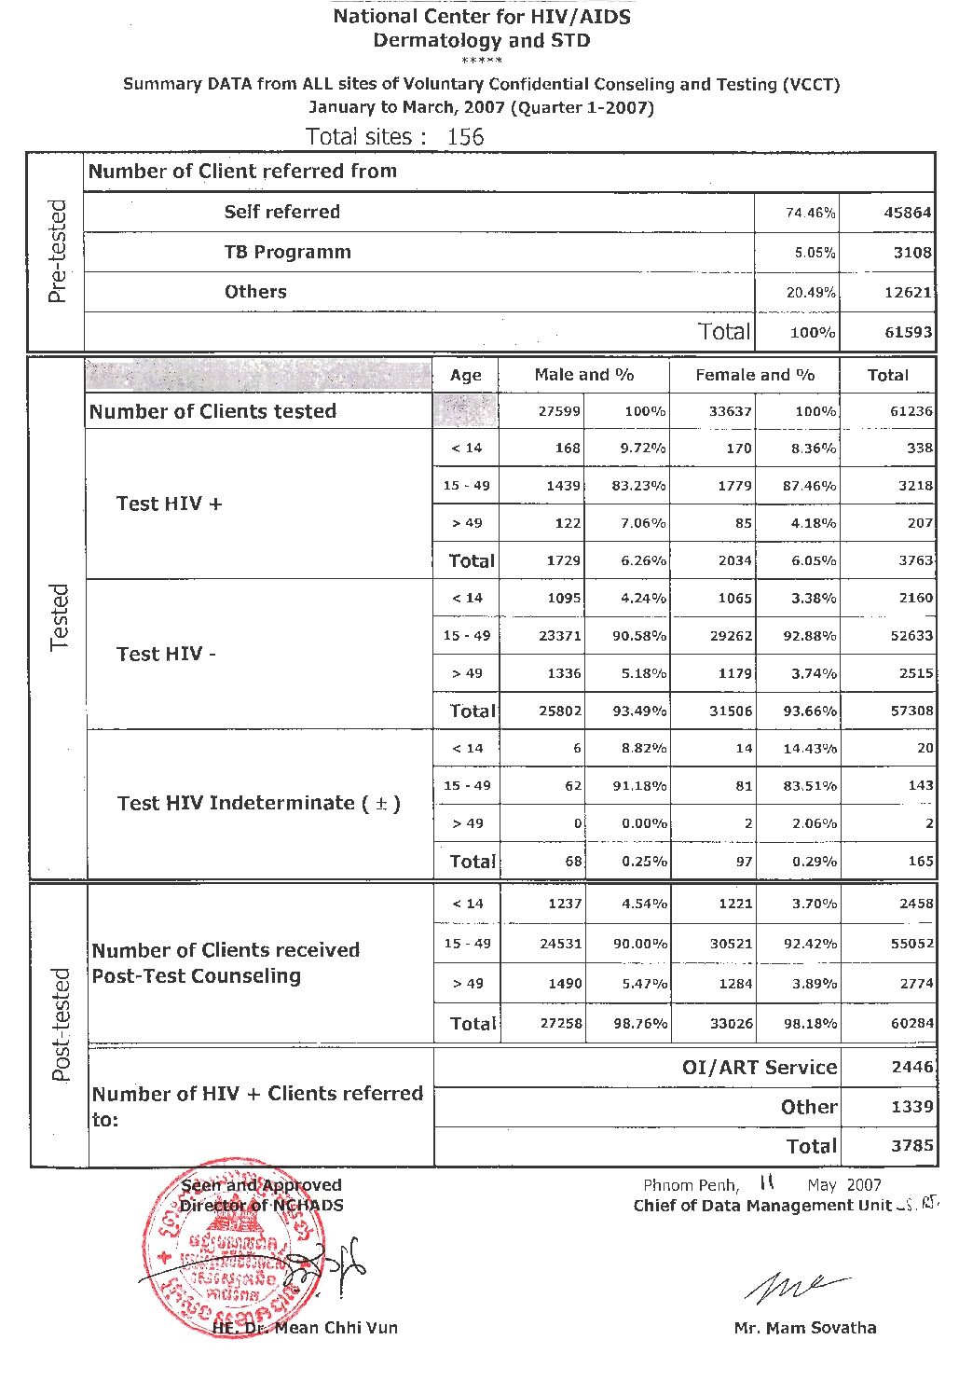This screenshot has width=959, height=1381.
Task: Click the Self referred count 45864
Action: pos(907,213)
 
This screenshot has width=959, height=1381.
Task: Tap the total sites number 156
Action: pos(465,137)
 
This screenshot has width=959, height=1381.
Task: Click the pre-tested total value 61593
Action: pos(907,332)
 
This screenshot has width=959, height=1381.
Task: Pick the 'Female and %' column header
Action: pos(755,375)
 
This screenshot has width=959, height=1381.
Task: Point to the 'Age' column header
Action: pos(465,376)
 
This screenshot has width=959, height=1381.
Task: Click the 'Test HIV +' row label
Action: pos(169,504)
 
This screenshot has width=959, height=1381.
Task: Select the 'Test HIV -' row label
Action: pos(166,654)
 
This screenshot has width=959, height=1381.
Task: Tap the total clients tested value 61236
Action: pos(910,411)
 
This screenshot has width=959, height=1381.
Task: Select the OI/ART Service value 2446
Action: pos(911,1067)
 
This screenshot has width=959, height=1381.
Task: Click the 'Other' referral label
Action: pos(808,1107)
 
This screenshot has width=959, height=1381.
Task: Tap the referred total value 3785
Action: pos(911,1145)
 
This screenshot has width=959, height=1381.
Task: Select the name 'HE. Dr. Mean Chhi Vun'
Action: pos(305,1327)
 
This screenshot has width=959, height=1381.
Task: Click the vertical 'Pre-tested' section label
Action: pos(58,252)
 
